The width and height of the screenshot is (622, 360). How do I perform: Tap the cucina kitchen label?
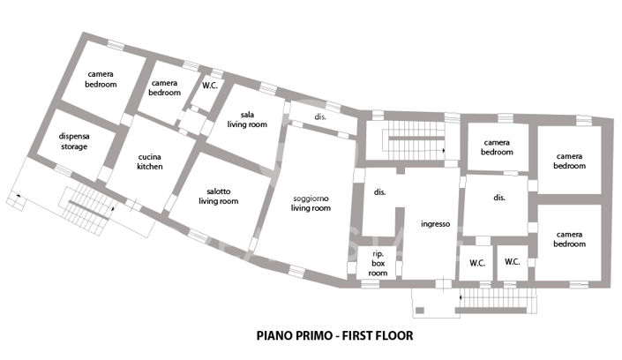[x=150, y=161]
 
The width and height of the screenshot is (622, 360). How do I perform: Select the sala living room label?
[x=247, y=120]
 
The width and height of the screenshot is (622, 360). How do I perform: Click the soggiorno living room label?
[x=311, y=204]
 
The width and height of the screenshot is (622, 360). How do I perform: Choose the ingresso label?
[x=436, y=224]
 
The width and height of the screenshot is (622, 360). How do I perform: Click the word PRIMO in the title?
[x=311, y=336]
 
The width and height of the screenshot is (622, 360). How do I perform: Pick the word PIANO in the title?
[x=274, y=336]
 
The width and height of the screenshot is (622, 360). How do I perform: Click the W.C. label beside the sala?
[x=210, y=86]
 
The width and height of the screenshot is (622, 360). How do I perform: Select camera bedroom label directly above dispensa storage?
[x=101, y=79]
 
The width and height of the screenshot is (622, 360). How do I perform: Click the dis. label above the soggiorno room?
[x=320, y=116]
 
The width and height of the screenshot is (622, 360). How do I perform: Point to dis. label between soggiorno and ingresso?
[x=381, y=191]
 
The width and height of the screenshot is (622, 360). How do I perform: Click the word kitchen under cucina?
[x=150, y=167]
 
